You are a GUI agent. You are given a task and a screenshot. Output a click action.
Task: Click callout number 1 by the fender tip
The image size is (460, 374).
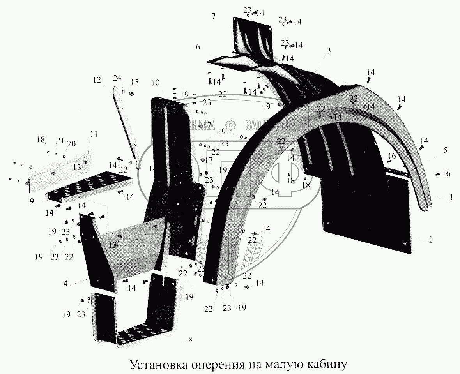(451, 198)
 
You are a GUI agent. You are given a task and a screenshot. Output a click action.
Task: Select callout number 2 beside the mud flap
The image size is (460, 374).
(430, 240)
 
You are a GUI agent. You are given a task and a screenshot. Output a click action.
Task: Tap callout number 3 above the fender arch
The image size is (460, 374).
(329, 50)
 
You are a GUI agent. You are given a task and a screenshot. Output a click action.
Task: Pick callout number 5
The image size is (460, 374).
(445, 150)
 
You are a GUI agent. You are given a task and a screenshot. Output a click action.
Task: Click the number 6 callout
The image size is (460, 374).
(198, 47)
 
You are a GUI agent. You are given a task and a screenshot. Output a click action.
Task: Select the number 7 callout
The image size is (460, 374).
(213, 16)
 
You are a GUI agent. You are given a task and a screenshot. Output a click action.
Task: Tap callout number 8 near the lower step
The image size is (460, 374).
(190, 339)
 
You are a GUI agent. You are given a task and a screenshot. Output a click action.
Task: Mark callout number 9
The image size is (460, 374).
(31, 201)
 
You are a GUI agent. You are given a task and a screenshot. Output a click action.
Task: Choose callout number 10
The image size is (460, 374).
(155, 83)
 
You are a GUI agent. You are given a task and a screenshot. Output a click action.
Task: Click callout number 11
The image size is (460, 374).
(94, 134)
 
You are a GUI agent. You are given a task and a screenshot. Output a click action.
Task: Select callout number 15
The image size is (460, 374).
(134, 83)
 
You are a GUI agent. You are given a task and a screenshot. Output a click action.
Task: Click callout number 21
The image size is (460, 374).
(60, 140)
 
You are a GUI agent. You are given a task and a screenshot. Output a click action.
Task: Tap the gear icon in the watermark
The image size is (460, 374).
(230, 124)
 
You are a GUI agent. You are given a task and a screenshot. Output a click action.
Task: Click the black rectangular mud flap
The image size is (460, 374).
(366, 218)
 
